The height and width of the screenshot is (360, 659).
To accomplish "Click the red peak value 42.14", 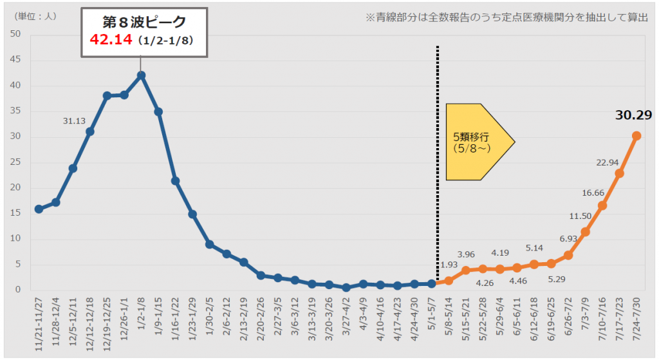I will [x=110, y=41].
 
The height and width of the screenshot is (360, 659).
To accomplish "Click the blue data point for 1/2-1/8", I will [x=141, y=75].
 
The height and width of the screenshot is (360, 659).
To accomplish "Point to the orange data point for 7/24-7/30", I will [x=636, y=135].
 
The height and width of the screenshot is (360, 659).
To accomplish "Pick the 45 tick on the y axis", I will [x=17, y=60].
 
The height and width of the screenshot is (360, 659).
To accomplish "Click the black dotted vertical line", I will [x=438, y=161].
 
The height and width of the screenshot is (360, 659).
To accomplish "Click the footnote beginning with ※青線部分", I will [x=506, y=17].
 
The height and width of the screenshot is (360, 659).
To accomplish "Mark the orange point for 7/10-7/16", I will [x=602, y=205].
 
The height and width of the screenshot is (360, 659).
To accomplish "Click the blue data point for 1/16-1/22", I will [x=175, y=181].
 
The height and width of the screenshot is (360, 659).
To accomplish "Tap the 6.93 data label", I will [x=568, y=238].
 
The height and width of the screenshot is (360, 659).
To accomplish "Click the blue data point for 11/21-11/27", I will [x=39, y=209].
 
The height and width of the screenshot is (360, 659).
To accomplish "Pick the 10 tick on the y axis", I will [x=17, y=239].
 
